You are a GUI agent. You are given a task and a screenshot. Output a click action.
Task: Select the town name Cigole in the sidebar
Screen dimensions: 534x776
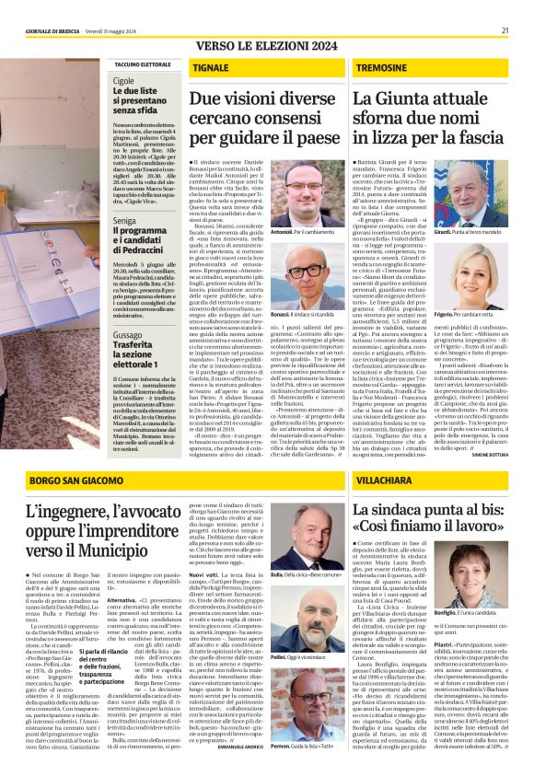point(123,81)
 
